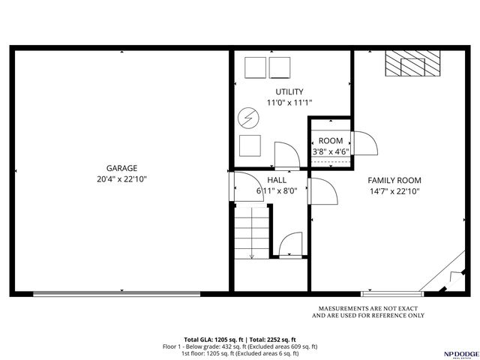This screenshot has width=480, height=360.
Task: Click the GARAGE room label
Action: pos(121,168)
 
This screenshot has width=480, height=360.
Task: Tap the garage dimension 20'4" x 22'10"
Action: pos(121,179)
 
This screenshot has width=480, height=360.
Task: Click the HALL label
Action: pos(277,180)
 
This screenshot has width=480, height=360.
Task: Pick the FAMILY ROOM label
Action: pos(394,180)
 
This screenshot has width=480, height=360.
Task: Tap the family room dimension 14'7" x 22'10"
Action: pos(394,191)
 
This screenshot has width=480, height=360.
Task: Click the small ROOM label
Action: pos(331,141)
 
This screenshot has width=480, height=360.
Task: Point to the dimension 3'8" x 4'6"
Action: pos(331,152)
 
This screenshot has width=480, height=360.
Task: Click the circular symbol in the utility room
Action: pos(248,118)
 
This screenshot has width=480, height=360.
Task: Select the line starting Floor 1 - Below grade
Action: pos(240,346)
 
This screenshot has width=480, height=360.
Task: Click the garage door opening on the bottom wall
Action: pos(116,294)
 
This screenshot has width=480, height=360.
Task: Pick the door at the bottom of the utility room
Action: pos(286,155)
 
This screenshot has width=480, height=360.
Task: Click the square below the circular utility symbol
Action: pos(249,145)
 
